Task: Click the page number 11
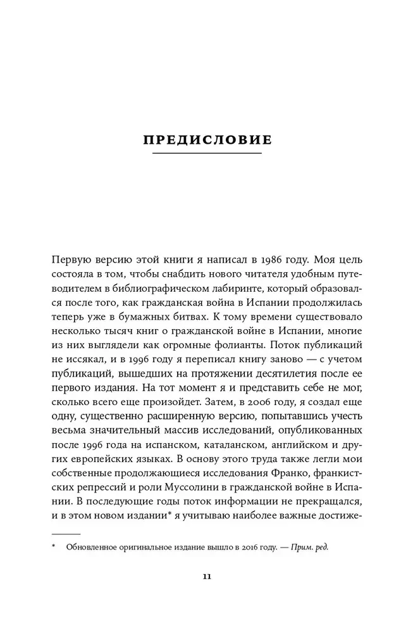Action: click(x=207, y=576)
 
